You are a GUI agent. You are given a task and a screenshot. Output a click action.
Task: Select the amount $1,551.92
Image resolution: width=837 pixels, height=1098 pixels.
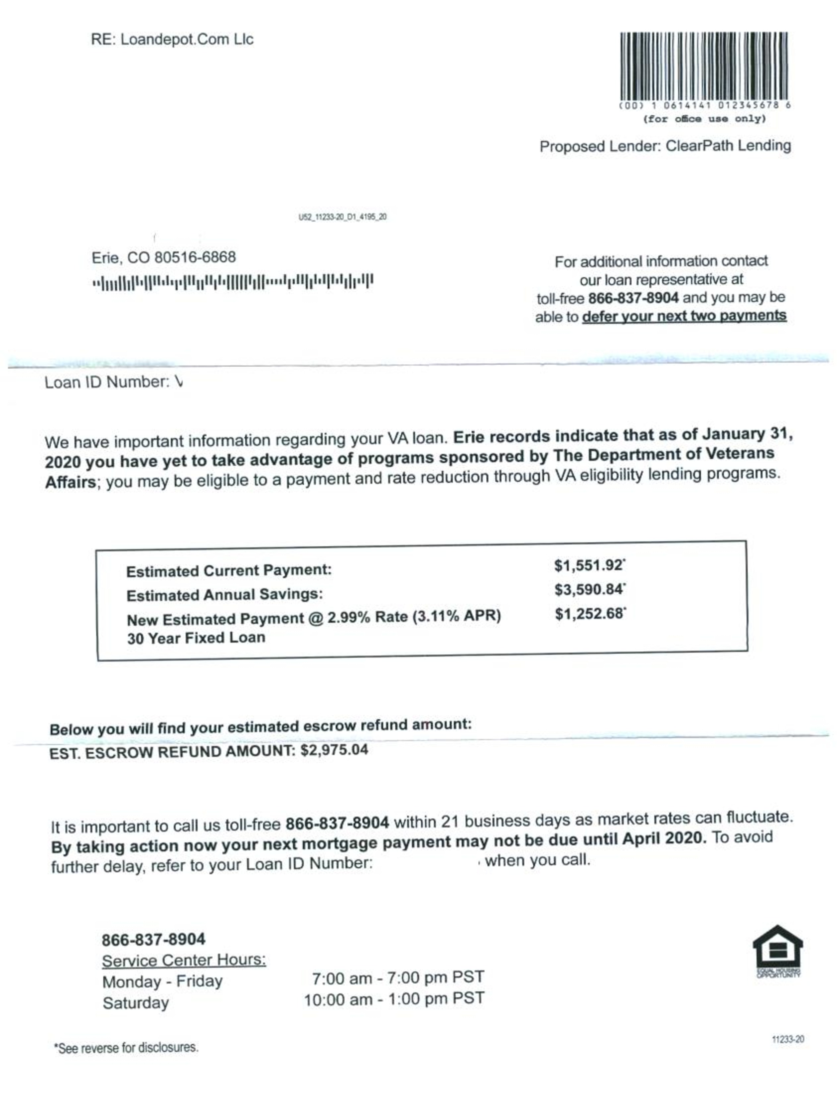tap(588, 565)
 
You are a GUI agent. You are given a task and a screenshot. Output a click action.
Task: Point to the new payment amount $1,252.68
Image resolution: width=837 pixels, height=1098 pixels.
tap(589, 614)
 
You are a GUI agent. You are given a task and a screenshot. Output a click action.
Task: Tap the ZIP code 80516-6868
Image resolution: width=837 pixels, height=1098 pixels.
tap(195, 258)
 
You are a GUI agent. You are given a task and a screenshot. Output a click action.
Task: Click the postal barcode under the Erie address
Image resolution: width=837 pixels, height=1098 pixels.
tap(233, 282)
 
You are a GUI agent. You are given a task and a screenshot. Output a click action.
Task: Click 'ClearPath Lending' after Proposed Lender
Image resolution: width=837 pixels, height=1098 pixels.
tap(728, 145)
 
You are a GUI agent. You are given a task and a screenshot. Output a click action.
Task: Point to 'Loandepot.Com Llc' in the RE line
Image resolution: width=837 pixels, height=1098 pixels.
tap(187, 39)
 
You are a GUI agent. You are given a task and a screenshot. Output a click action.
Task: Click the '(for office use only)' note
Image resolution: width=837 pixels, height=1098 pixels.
tap(704, 119)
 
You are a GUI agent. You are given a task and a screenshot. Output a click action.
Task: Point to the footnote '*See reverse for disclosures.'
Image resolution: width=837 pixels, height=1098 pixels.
tap(126, 1048)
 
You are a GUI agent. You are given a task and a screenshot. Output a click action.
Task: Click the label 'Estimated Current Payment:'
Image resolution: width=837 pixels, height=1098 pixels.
tap(229, 570)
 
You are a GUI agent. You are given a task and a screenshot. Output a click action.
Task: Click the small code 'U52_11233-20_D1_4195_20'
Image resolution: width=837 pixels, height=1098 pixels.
tap(342, 217)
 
